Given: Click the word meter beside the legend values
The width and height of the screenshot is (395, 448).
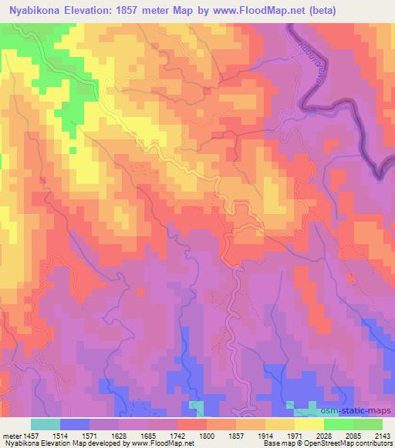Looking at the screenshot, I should (x=12, y=436).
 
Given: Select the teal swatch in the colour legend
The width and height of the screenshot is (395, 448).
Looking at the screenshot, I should (x=46, y=424).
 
